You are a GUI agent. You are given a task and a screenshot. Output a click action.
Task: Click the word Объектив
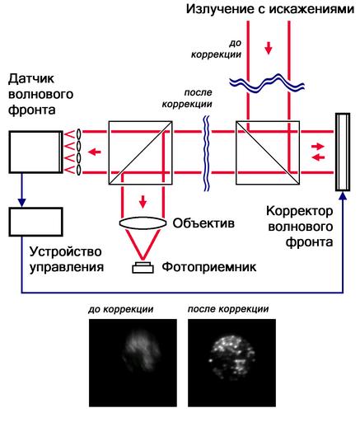click(203, 223)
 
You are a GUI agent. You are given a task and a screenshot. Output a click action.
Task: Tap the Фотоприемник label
click(209, 267)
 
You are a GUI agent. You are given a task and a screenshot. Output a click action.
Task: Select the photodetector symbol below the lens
click(143, 268)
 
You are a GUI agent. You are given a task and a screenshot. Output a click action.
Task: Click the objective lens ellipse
click(143, 223)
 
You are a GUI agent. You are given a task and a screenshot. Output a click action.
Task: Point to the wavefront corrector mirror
click(343, 152)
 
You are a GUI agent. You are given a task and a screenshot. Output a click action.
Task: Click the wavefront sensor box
click(35, 152)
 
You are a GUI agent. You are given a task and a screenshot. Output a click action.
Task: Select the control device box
click(35, 222)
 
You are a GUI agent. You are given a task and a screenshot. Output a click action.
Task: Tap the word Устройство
click(65, 251)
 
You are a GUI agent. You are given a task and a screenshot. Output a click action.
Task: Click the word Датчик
click(31, 79)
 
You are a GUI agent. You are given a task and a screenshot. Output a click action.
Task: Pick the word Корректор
click(300, 212)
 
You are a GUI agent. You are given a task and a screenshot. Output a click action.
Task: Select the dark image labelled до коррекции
click(133, 363)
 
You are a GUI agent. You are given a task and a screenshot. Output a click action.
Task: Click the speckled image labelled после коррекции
click(231, 363)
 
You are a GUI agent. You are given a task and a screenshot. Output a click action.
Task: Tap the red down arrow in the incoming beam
click(269, 48)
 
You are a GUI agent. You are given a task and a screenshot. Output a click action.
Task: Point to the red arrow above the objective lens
click(143, 202)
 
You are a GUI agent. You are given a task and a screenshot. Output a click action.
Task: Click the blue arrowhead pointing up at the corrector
click(343, 195)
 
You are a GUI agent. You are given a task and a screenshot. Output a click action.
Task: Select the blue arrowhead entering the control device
click(21, 203)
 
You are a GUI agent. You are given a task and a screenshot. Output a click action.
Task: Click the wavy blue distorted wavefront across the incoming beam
click(267, 82)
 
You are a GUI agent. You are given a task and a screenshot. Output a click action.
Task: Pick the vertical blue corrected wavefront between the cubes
click(206, 152)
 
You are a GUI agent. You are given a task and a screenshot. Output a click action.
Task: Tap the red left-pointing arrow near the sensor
click(95, 152)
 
